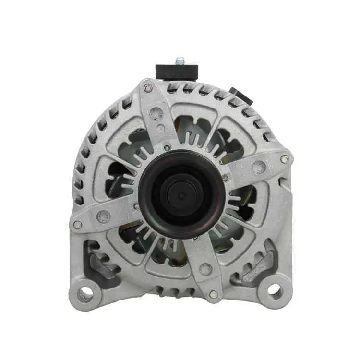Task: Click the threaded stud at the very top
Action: click(180, 60)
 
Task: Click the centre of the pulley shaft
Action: click(181, 195)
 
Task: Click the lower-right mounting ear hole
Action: click(274, 289)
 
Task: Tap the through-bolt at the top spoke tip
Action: click(148, 88)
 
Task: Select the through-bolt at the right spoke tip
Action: click(285, 159)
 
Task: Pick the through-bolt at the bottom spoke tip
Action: click(214, 294)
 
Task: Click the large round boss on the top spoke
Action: click(156, 113)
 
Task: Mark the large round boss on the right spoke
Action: click(259, 167)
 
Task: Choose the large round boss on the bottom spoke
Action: click(206, 269)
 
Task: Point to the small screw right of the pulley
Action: click(226, 178)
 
